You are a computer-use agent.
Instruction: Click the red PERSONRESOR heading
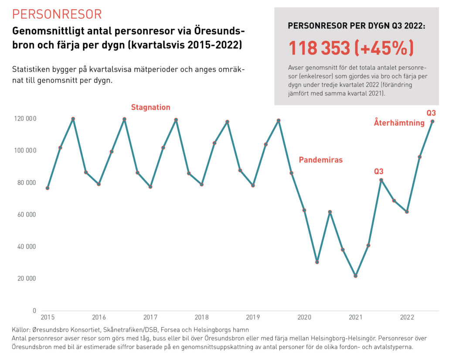(57, 14)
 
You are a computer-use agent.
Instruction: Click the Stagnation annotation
(150, 107)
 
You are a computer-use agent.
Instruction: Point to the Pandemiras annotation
(320, 160)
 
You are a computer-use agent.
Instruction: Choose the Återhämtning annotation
(399, 123)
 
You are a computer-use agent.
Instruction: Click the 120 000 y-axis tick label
(25, 119)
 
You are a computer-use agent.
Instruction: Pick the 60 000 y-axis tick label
(27, 215)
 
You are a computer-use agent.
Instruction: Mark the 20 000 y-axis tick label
(27, 278)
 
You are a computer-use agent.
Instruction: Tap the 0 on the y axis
(34, 311)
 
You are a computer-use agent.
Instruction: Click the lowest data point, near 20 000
(355, 276)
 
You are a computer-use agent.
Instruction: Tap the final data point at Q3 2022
(432, 121)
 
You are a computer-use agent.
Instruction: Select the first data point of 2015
(47, 188)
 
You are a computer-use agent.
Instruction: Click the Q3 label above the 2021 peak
(378, 171)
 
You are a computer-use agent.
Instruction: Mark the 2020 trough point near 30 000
(317, 262)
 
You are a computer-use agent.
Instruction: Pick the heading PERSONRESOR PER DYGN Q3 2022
(357, 26)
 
